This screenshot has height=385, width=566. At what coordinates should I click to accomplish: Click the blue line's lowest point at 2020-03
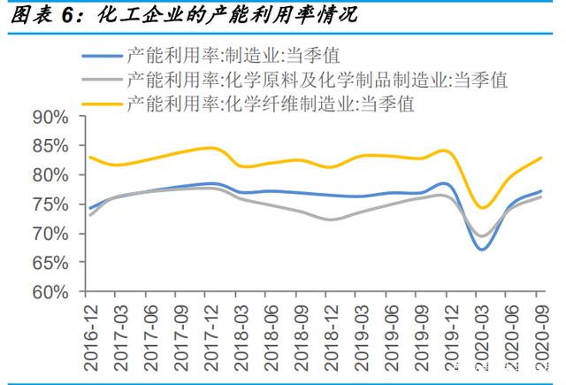(480, 250)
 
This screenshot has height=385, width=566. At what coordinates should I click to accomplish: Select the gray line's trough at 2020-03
(480, 236)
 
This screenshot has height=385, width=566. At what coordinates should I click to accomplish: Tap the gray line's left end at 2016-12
(88, 215)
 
